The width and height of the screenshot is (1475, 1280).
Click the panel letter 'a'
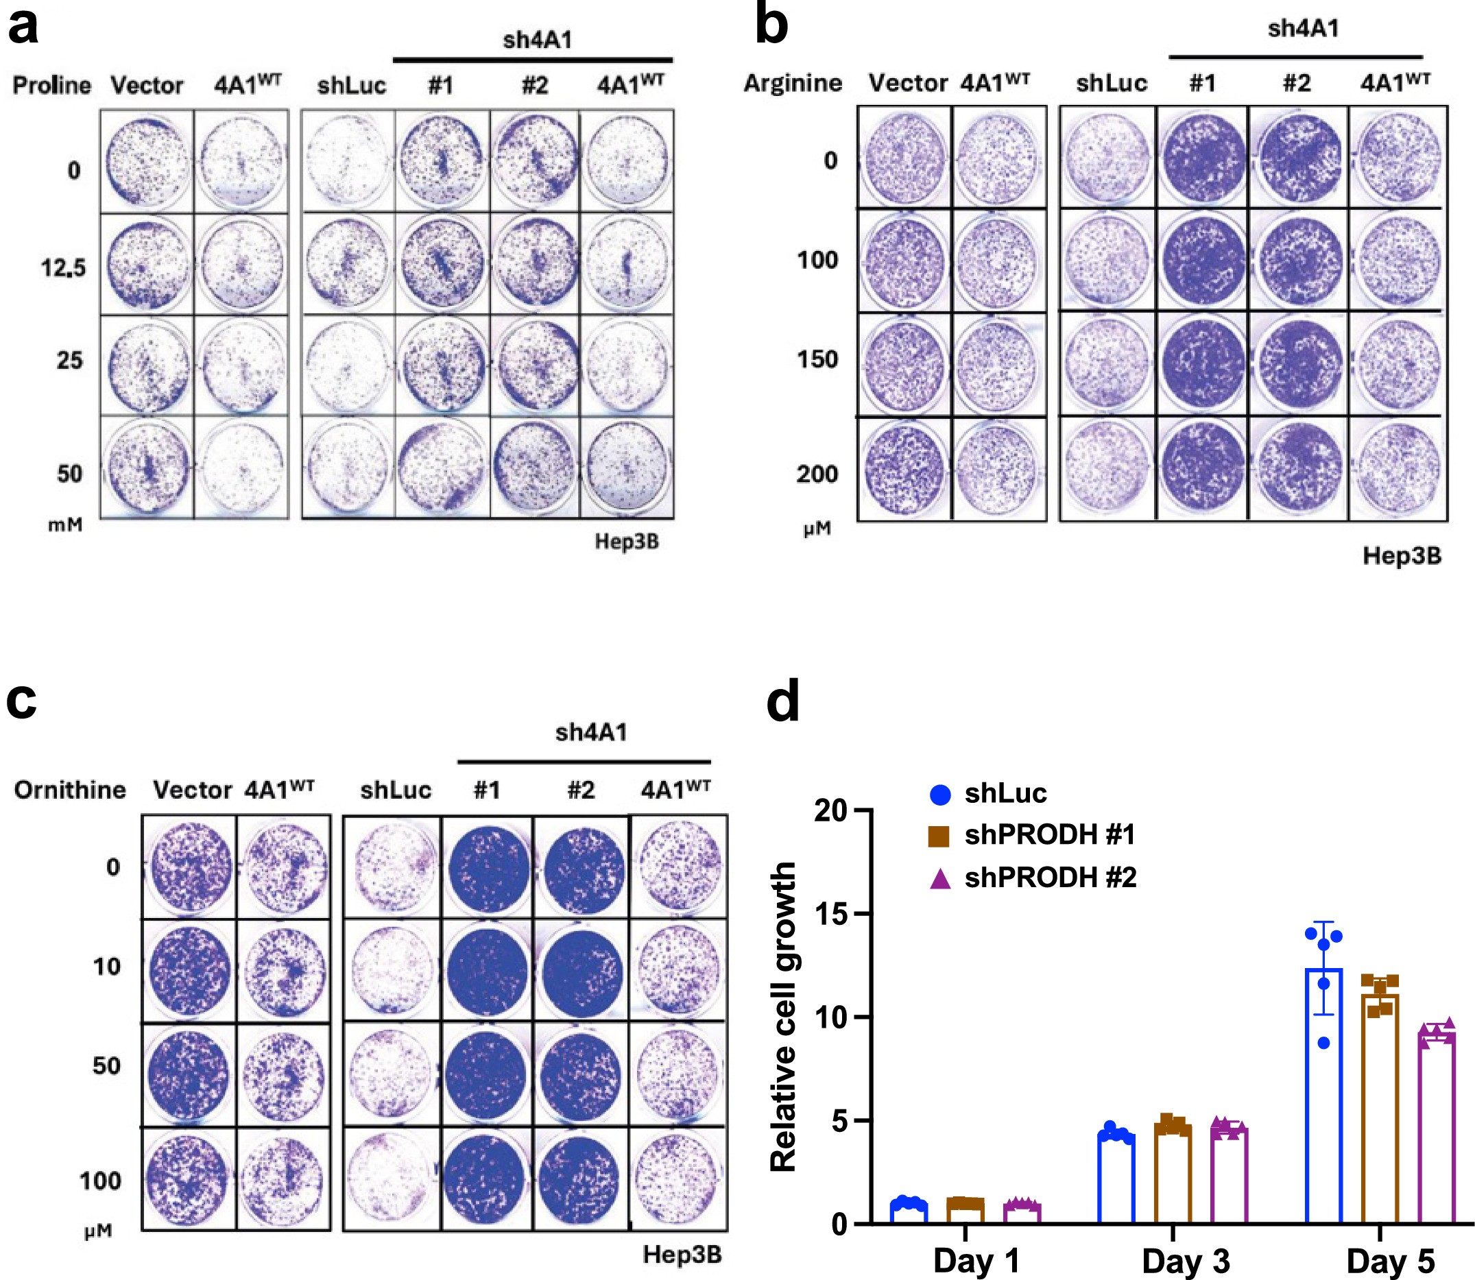coord(23,27)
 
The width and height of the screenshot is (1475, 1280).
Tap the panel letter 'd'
coord(782,703)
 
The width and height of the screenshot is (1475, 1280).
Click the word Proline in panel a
coord(51,86)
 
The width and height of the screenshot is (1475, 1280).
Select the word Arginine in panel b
coord(793,84)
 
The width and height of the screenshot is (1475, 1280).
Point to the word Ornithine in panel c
coord(70,790)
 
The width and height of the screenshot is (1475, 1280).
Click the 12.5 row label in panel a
coord(63,269)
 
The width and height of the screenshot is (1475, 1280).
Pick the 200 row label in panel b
coord(817,474)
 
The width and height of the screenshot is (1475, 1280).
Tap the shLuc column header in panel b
coord(1112,84)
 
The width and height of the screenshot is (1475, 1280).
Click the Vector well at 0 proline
coord(147,161)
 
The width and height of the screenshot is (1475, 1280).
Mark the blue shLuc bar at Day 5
coord(1323,1096)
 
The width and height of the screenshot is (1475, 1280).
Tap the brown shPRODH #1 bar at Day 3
coord(1173,1177)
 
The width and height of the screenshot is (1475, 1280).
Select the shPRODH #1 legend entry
coord(1048,834)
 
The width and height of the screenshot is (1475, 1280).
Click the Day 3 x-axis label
coord(1186,1261)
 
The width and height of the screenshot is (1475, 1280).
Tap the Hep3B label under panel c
coord(682,1254)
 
